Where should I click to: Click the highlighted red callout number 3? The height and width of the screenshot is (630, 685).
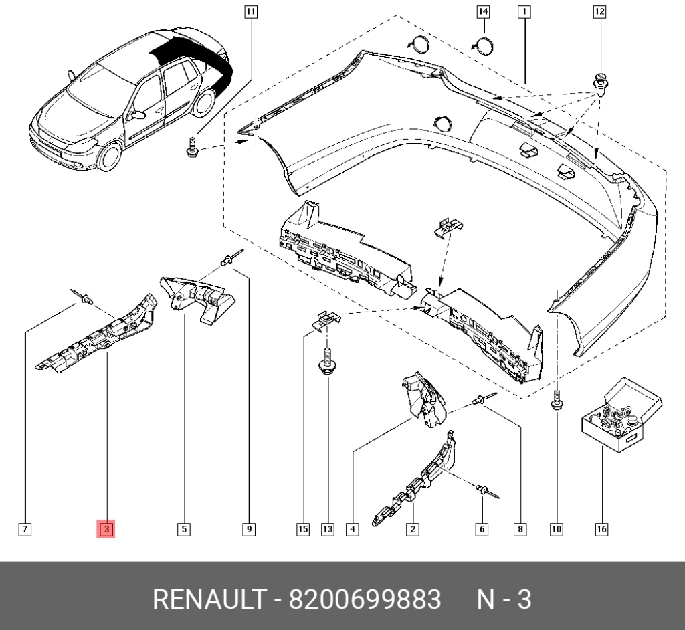106,530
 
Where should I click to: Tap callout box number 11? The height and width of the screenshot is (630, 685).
250,12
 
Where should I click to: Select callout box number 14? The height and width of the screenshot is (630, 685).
483,12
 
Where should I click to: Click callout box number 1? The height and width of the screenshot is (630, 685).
524,12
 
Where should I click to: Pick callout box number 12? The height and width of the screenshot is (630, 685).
600,12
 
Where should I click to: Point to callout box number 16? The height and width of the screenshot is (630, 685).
601,530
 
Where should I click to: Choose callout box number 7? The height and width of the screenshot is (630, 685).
25,530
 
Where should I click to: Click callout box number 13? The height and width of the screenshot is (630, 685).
328,530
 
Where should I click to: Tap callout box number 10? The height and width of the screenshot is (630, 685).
557,530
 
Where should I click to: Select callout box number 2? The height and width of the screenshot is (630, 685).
412,530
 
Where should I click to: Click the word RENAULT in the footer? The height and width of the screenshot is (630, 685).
209,599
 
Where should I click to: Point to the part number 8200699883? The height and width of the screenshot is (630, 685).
365,599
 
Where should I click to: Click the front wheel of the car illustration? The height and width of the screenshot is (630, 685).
109,156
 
